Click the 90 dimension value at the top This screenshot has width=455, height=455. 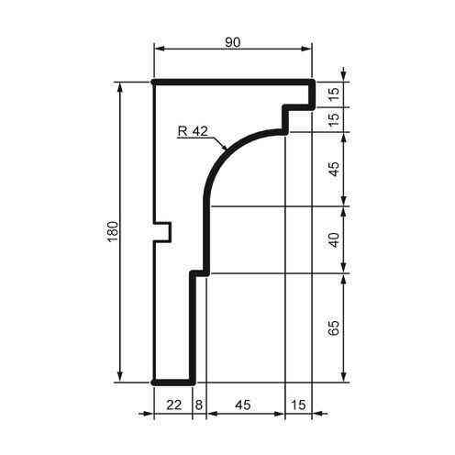pos(233,41)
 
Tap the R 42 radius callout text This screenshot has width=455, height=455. pos(194,131)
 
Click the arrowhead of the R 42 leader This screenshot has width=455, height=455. pos(226,147)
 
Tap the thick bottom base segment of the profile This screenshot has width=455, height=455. pos(172,381)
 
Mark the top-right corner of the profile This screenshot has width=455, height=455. pos(313,83)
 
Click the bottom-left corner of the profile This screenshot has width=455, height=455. pos(154,381)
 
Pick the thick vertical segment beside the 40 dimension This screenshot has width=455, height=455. pos(206,239)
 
